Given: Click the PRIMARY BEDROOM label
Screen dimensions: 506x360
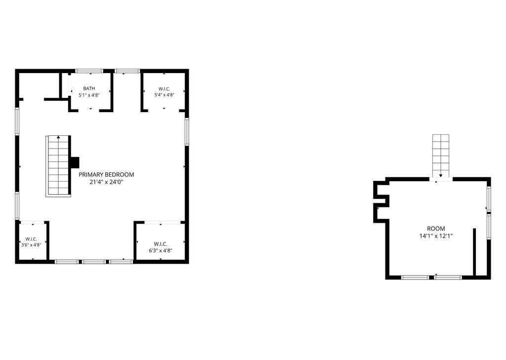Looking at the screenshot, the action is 106,174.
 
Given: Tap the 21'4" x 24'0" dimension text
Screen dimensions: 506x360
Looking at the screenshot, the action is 107,182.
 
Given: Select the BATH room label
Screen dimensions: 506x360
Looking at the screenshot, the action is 89,88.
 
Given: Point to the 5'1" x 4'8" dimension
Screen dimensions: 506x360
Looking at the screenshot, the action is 89,95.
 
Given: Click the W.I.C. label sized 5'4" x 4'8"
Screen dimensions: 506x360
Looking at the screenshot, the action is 164,89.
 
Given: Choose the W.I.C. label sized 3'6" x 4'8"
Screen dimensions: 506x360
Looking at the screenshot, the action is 31,239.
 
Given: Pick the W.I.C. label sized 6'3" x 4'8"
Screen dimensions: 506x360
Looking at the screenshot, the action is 161,244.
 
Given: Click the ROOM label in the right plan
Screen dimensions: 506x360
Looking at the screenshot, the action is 436,229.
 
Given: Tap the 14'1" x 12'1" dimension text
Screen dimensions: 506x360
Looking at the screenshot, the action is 436,236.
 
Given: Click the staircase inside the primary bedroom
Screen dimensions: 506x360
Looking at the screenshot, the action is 58,166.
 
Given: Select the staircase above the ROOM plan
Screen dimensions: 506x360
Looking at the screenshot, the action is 441,156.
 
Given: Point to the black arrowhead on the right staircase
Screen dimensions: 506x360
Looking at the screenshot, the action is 441,175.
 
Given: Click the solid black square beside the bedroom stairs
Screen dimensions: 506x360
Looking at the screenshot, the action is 75,162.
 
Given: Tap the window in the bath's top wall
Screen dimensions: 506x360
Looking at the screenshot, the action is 89,71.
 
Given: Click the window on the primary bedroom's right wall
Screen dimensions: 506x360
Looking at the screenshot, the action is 187,132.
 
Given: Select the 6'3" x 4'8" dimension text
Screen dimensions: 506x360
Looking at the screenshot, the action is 161,250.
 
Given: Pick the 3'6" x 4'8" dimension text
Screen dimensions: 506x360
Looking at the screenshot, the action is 31,245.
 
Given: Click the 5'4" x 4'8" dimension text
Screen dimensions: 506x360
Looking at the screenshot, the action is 164,95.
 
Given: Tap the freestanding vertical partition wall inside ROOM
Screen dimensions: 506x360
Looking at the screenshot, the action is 475,252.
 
